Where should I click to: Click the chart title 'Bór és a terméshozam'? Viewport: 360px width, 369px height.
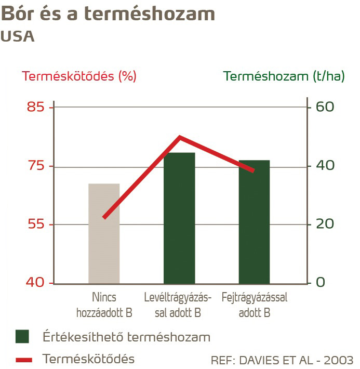[108, 14]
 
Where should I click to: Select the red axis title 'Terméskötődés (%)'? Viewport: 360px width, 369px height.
[79, 76]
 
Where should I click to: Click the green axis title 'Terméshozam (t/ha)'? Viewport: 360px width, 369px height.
[284, 76]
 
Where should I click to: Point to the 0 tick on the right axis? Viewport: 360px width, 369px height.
[321, 283]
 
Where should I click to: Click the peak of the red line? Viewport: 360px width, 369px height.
[180, 137]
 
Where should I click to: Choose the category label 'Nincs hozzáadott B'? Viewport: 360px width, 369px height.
[104, 305]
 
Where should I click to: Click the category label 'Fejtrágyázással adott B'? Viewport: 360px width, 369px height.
[254, 305]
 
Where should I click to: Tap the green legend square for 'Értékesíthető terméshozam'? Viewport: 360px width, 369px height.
[22, 336]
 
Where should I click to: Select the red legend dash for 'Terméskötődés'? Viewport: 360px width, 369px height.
[23, 360]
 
